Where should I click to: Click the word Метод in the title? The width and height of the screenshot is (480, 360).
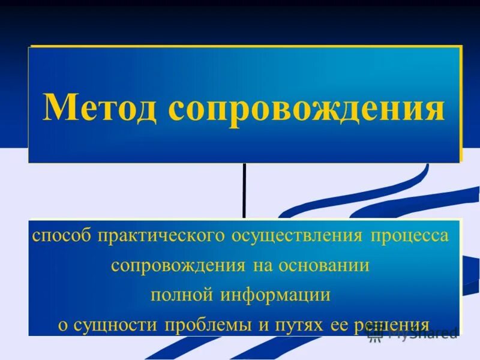tap(101, 108)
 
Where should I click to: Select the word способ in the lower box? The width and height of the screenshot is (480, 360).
tap(60, 235)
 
